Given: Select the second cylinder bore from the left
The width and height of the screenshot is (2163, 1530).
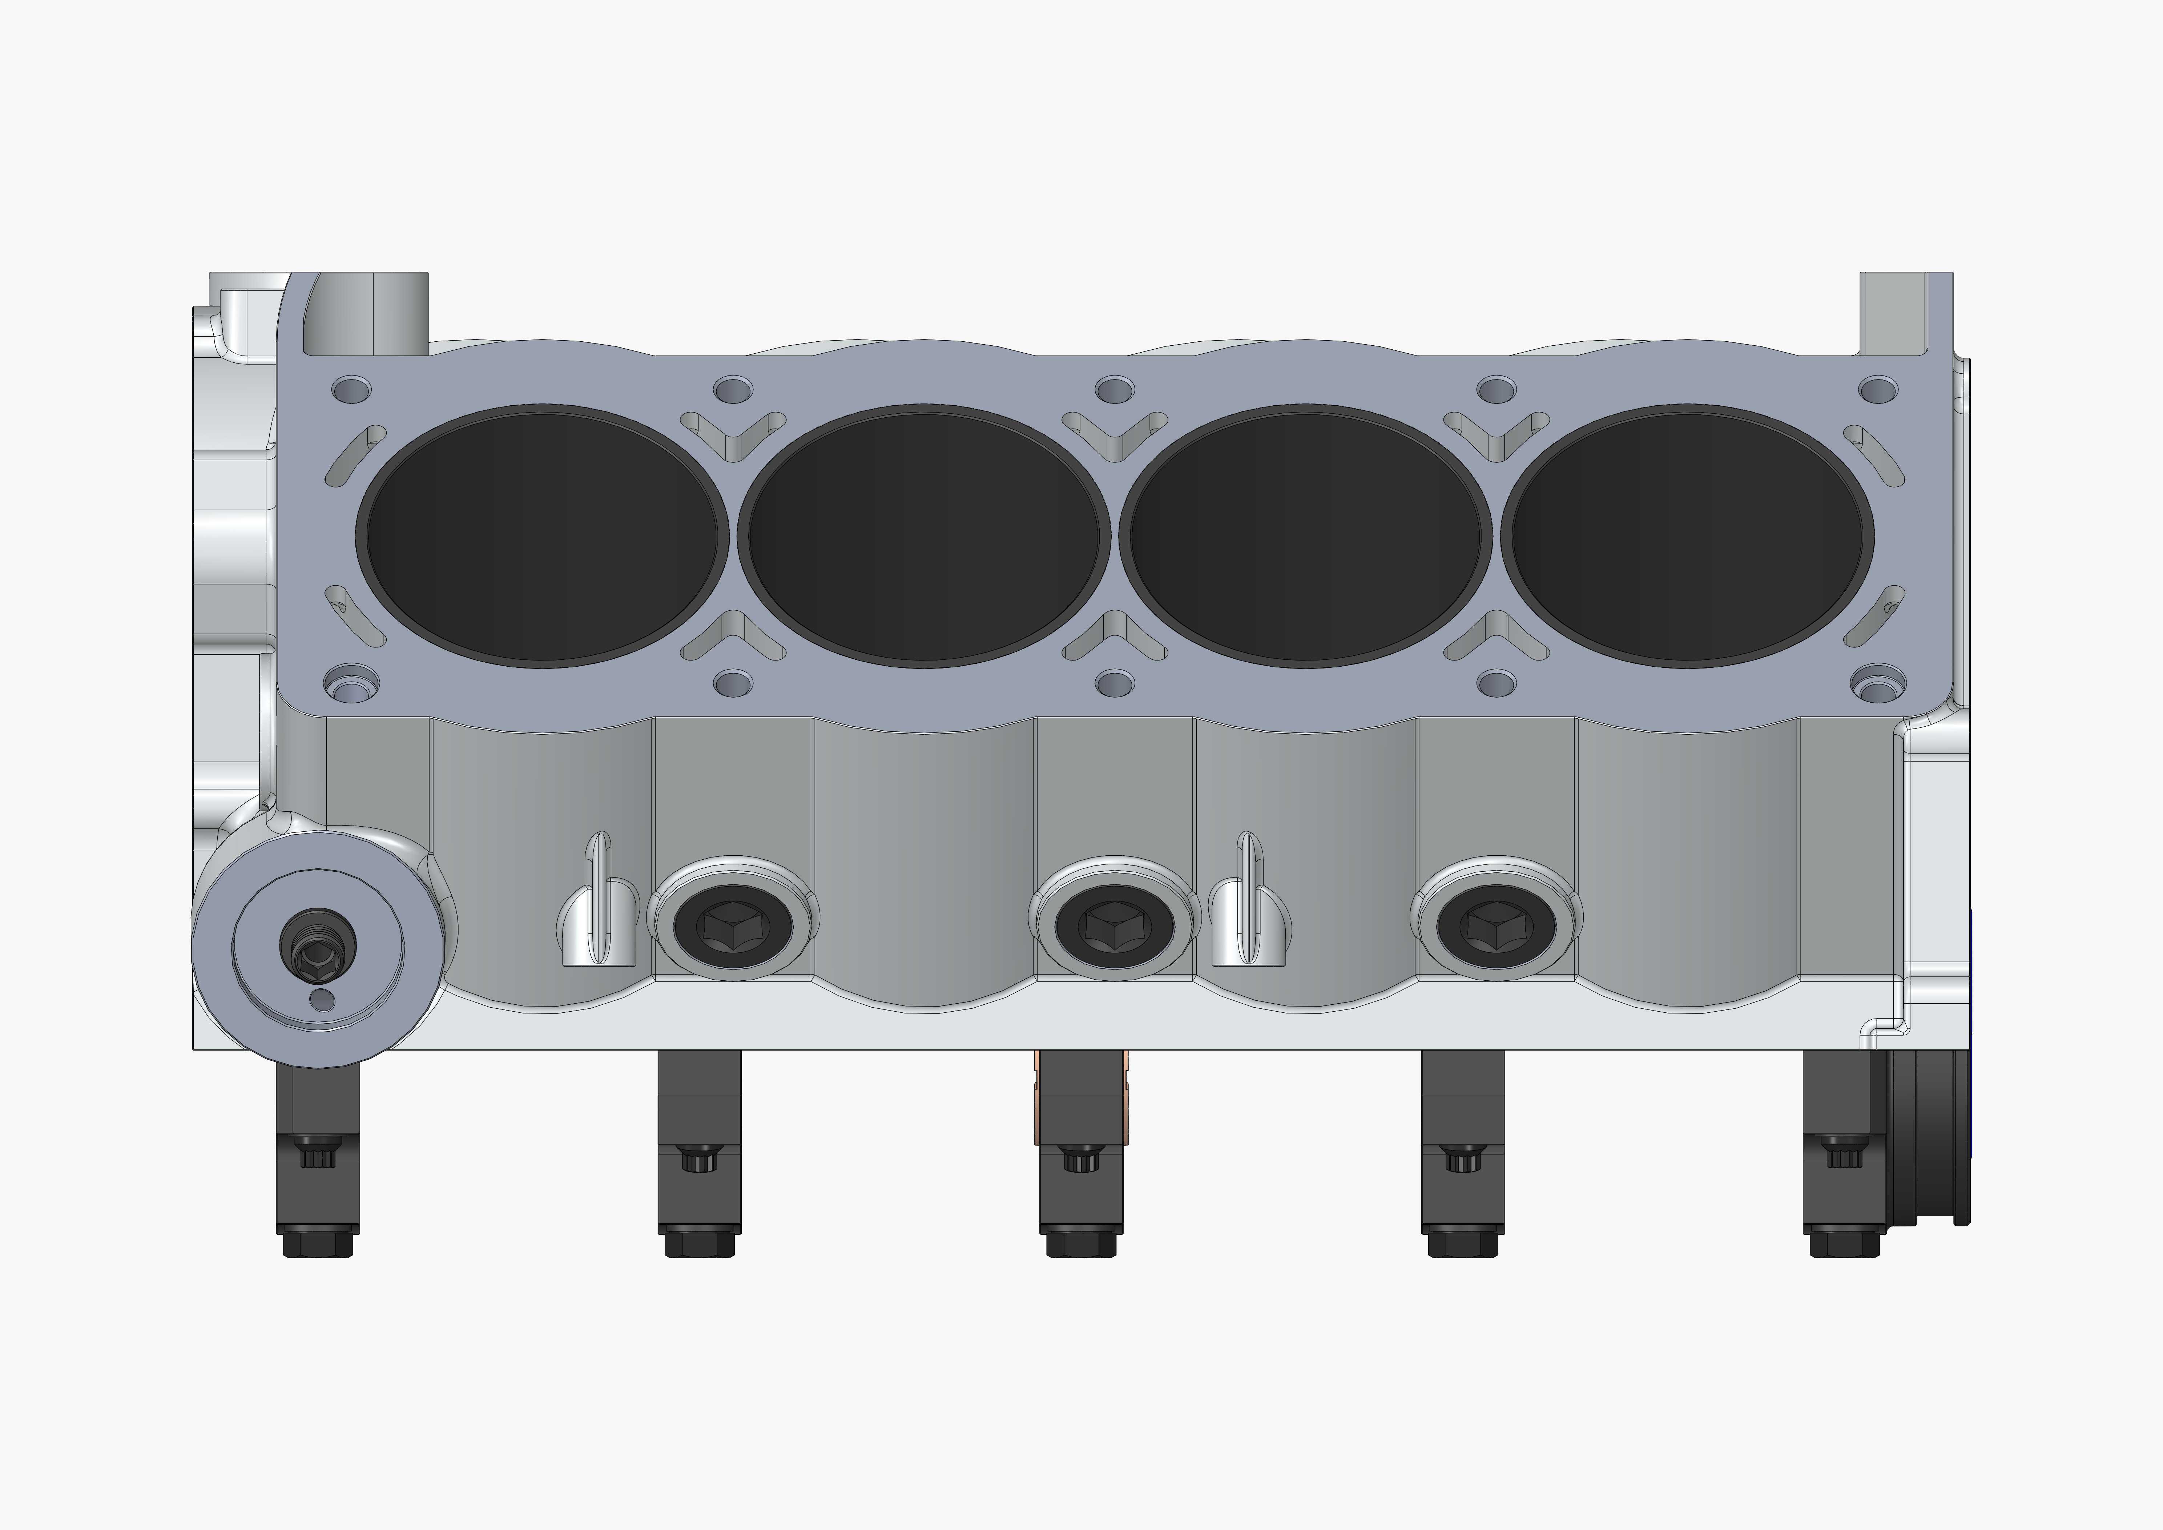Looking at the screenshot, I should pyautogui.click(x=923, y=535).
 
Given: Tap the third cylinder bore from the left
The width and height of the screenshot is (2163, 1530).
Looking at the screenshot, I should pyautogui.click(x=1305, y=535).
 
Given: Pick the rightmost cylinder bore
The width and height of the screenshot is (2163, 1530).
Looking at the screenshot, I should pyautogui.click(x=1686, y=535).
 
